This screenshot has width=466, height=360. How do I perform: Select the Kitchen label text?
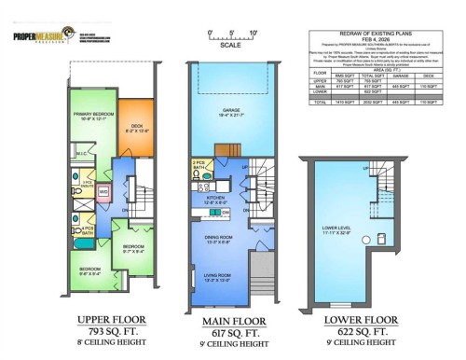pos(215,199)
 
